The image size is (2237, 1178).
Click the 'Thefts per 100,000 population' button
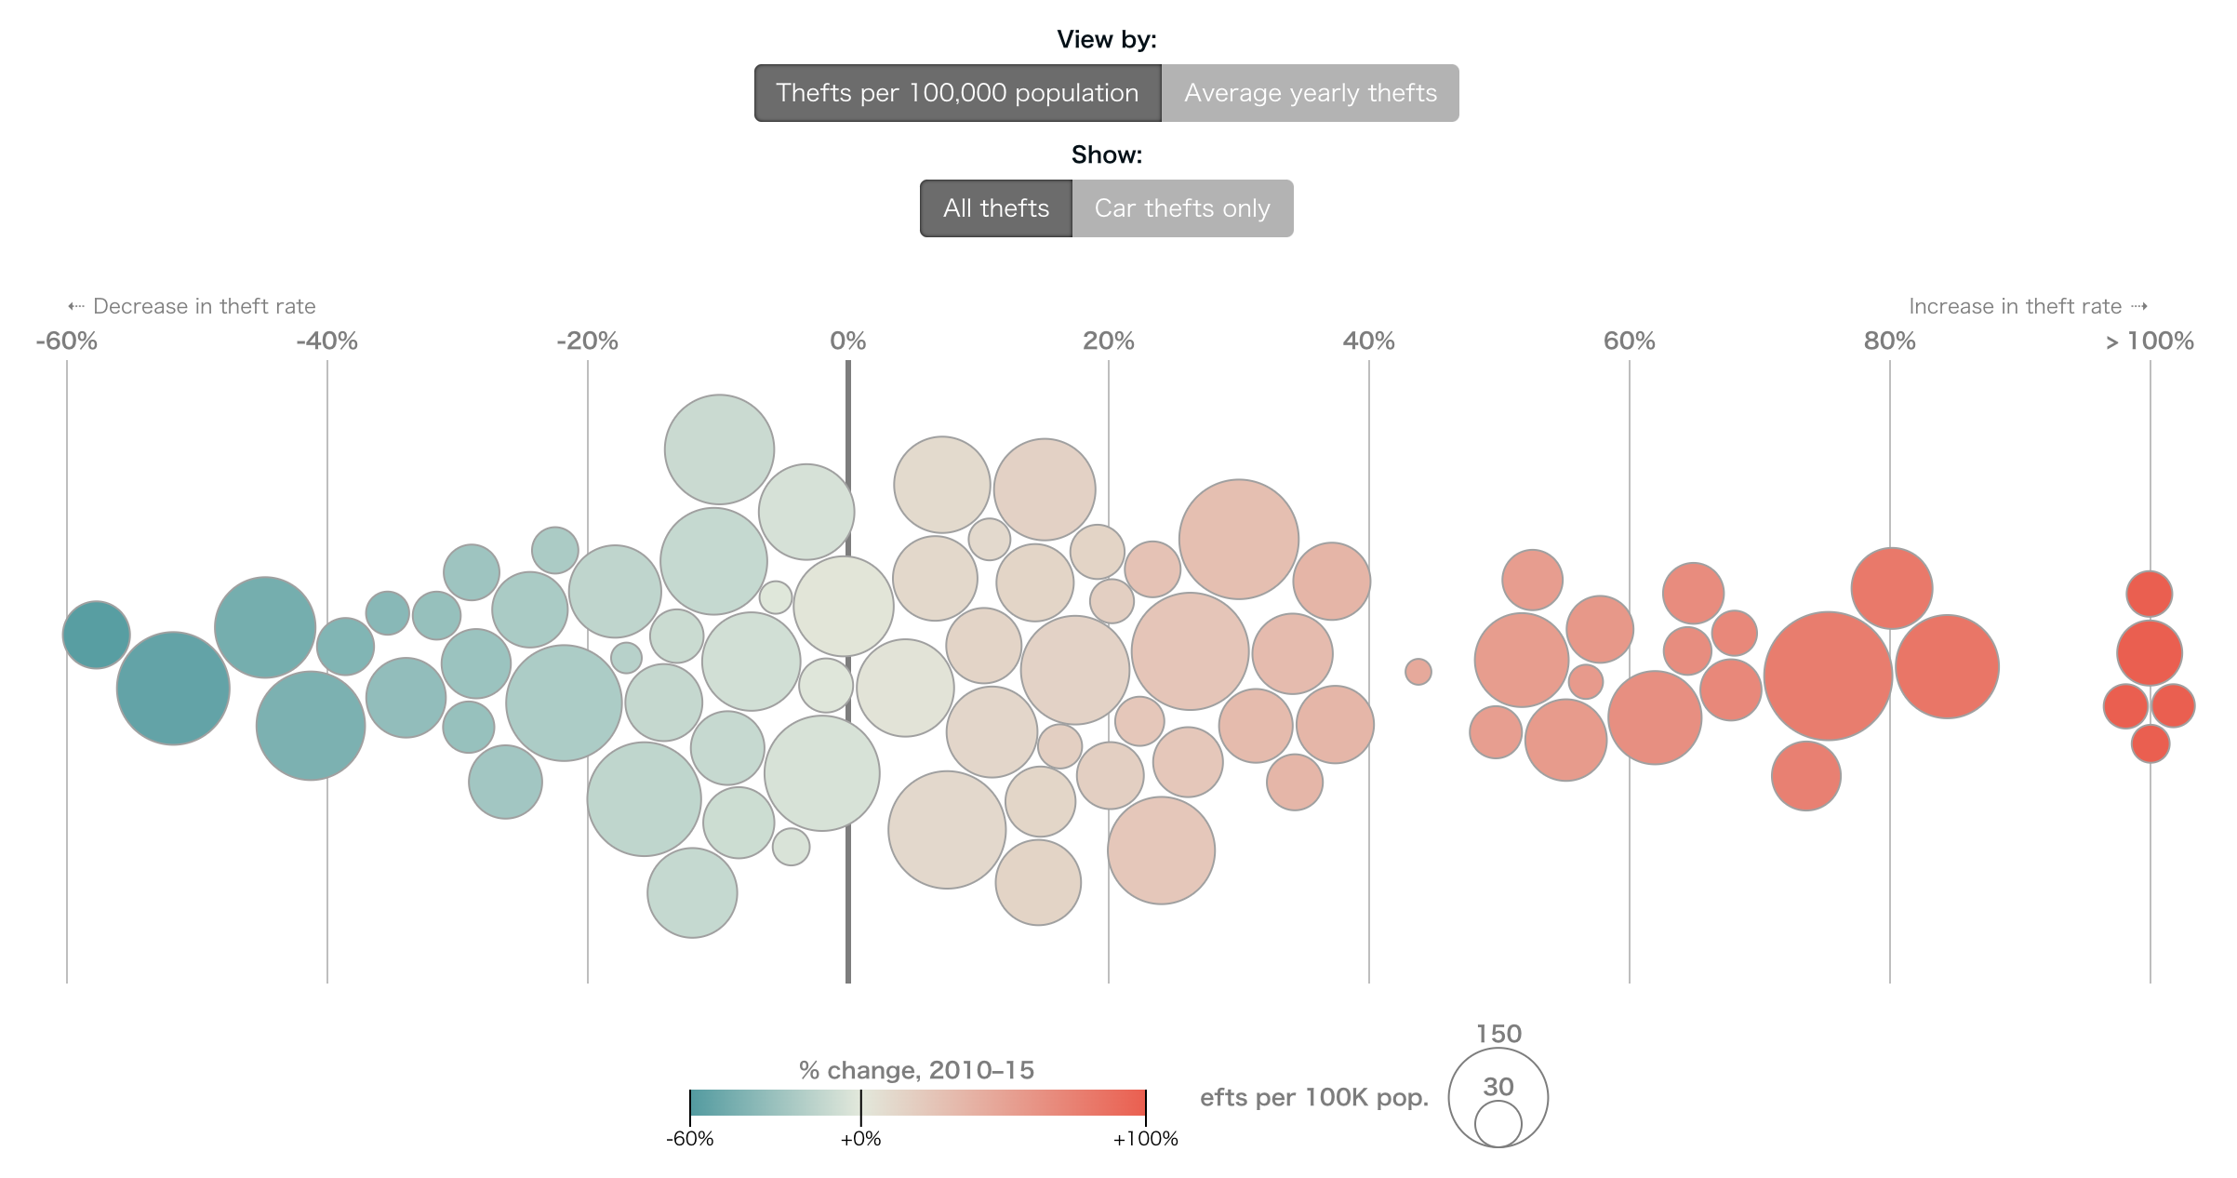coord(957,93)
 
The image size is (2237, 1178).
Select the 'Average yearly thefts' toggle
coord(1310,93)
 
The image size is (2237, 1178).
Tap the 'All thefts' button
coord(996,208)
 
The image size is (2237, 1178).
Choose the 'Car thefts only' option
coord(1182,208)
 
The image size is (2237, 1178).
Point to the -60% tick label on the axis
coord(67,341)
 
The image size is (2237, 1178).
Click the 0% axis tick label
coord(847,341)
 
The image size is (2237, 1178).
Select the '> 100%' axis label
coord(2150,341)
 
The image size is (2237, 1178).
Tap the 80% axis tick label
coord(1889,341)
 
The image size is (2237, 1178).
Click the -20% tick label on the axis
coord(587,341)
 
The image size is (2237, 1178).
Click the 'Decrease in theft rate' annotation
coord(204,306)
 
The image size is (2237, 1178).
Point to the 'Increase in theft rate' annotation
coord(2016,306)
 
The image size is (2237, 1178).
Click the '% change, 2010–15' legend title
coord(916,1070)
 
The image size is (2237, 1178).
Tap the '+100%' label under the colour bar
coord(1145,1139)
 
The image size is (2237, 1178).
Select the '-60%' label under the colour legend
coord(690,1139)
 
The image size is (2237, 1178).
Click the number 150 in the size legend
coord(1498,1034)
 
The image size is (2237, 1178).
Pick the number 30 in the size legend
coord(1498,1087)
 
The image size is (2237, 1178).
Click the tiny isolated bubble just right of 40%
coord(1418,671)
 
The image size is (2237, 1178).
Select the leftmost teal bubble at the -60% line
coord(96,635)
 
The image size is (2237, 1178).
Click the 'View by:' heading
coord(1107,39)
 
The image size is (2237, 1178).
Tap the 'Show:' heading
coord(1107,154)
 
